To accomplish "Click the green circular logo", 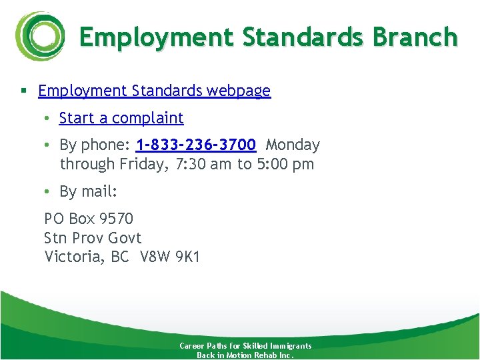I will point(39,37).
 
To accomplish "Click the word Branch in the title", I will point(415,37).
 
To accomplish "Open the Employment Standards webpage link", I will point(155,91).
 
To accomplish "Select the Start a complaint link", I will point(121,118).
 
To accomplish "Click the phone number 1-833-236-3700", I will point(195,145).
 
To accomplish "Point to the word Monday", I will point(293,145).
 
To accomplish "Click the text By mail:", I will point(88,192).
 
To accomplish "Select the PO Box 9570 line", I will point(89,219).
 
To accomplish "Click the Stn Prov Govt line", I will point(93,238).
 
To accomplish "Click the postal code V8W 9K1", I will point(170,257).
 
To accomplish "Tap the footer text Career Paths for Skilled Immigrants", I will point(245,346).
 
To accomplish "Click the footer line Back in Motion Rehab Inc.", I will point(245,355).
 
